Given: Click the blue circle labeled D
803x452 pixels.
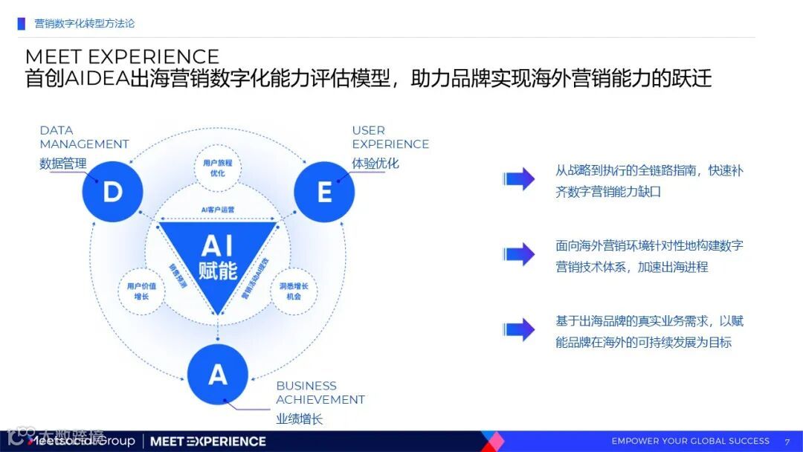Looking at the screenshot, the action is click(112, 193).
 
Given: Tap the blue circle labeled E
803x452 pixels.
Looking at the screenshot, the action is click(324, 193).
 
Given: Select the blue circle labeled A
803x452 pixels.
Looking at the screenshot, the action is click(218, 374).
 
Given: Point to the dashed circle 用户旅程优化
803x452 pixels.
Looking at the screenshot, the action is click(218, 168).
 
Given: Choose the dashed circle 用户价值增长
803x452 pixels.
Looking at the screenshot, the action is click(141, 291).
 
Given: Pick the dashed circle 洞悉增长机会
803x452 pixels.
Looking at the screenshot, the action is click(294, 291).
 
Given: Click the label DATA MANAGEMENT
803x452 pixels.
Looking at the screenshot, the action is click(84, 138).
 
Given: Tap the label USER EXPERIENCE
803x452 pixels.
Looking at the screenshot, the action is click(390, 138).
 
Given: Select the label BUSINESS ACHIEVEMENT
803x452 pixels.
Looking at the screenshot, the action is click(320, 393).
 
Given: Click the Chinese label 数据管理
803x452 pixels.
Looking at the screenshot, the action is click(63, 164).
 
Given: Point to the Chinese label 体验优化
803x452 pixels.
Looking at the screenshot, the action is click(375, 164).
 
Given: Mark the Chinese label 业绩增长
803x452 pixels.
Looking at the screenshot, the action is click(300, 419).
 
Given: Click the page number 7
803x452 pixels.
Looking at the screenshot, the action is click(787, 442).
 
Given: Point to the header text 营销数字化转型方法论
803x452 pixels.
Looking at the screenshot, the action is click(85, 24).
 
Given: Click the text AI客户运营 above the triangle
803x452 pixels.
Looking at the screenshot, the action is click(218, 210).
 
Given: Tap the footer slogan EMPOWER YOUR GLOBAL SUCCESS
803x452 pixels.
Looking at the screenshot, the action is click(690, 441).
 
